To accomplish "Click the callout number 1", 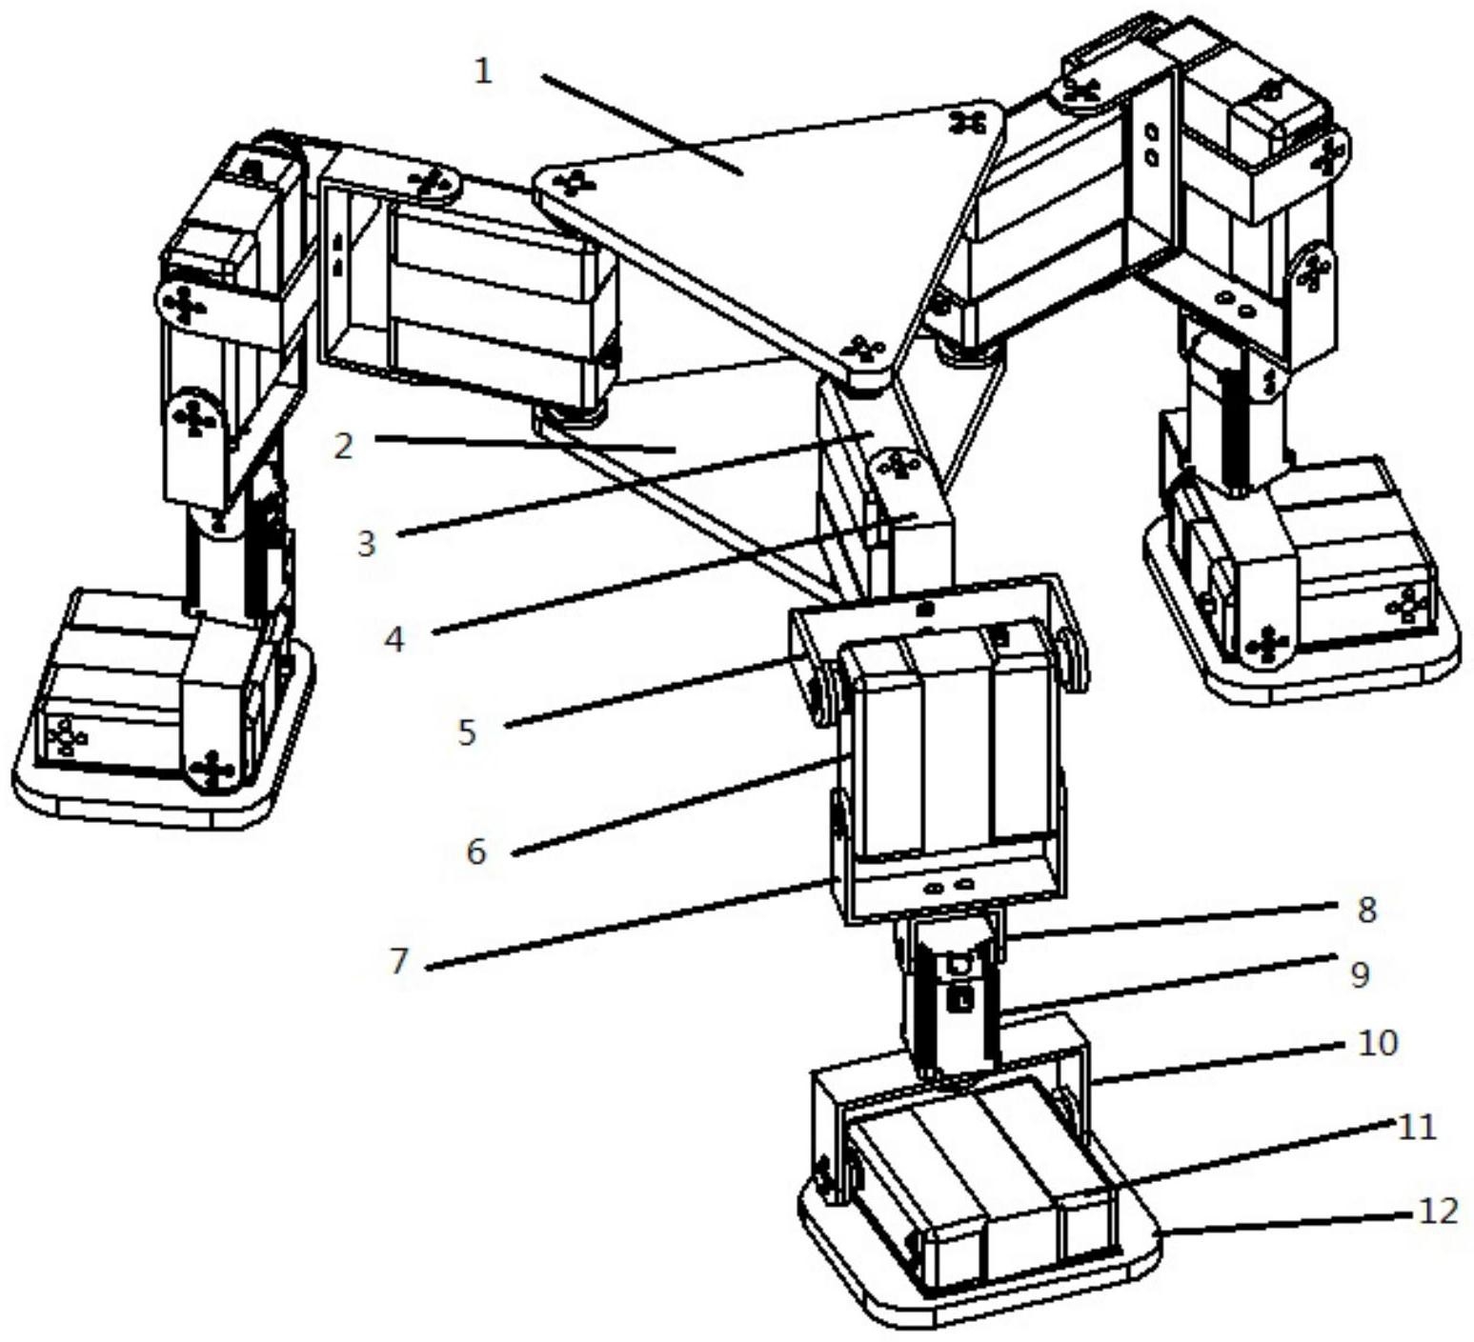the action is (484, 70).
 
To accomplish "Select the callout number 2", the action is (344, 446).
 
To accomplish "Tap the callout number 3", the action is (367, 544).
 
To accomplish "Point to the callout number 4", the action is (394, 639).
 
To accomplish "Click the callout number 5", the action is (467, 732).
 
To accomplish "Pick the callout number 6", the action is (476, 851).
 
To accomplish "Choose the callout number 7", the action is (399, 960).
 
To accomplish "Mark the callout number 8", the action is (1366, 910).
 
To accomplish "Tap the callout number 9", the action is (1361, 974).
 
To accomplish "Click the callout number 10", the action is (1377, 1043).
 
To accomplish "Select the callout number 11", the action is (1416, 1127).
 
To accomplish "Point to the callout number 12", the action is (1439, 1211).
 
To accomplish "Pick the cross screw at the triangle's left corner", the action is (573, 182).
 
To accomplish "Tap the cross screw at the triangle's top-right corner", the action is (970, 121).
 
